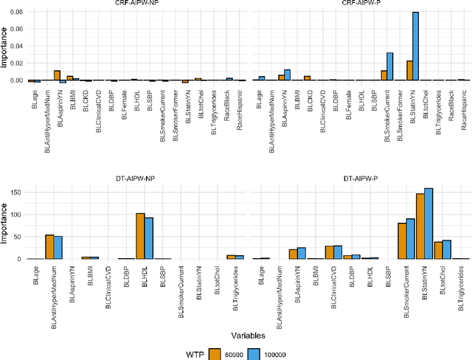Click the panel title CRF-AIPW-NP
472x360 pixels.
click(137, 4)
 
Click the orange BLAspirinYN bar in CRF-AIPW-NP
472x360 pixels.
click(57, 75)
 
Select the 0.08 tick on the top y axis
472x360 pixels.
click(16, 13)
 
